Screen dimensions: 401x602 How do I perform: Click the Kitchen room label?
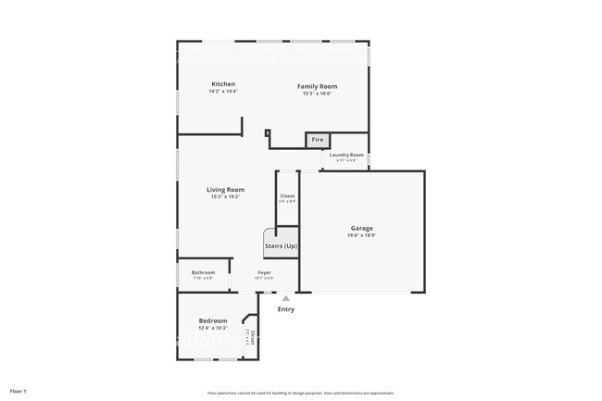click(222, 84)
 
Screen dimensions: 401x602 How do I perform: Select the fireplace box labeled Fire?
click(317, 140)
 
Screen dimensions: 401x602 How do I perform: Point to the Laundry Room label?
click(345, 155)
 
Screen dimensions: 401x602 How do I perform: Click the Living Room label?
click(225, 190)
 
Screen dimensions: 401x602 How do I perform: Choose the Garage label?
click(361, 228)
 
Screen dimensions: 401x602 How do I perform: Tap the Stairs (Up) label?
click(281, 245)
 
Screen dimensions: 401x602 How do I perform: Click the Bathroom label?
click(203, 272)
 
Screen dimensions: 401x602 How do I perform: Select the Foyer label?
click(264, 272)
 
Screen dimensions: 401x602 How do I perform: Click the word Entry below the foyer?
click(286, 309)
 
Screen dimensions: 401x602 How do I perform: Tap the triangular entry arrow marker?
click(286, 298)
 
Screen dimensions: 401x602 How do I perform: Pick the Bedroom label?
click(212, 320)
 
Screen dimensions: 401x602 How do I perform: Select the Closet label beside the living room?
click(287, 195)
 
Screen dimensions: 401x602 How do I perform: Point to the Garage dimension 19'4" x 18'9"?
click(361, 235)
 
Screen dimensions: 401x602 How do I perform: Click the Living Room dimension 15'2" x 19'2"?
click(225, 197)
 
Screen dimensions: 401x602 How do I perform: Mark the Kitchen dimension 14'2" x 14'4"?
click(222, 92)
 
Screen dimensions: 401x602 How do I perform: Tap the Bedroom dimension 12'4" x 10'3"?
click(212, 328)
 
